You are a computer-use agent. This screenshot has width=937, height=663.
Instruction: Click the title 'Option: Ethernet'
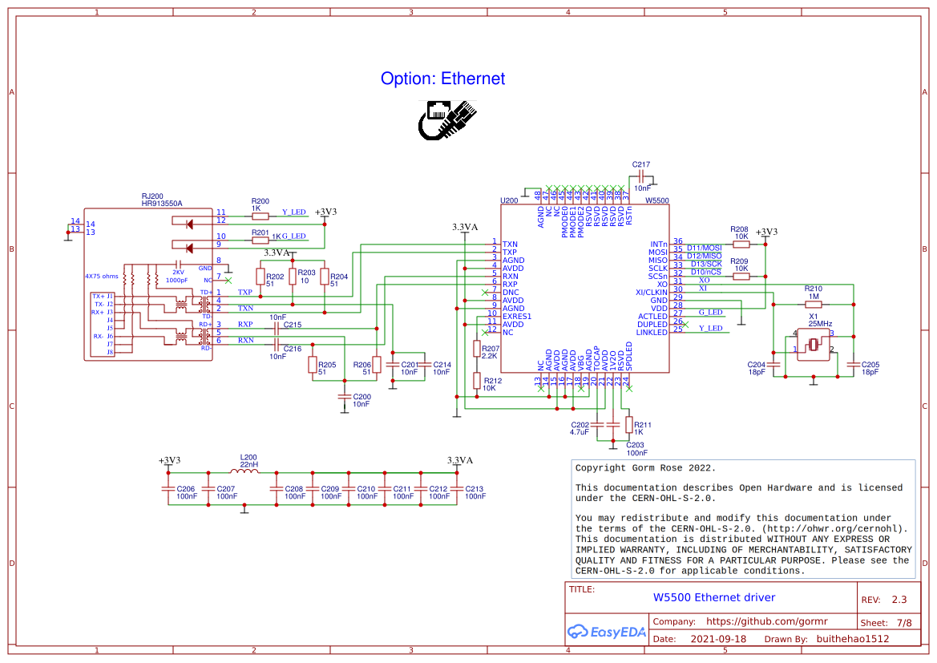[442, 79]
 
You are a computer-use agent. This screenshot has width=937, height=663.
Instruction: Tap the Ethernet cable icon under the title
[447, 119]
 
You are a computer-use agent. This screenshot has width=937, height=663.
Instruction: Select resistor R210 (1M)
[813, 305]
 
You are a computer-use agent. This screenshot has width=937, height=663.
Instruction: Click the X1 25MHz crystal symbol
[814, 345]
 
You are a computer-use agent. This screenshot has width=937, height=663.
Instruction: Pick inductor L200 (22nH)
[248, 472]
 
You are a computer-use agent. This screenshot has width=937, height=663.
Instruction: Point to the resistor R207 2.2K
[477, 349]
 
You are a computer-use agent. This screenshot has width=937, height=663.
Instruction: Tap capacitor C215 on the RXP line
[277, 325]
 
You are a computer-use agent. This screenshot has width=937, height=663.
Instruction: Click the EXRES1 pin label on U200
[517, 316]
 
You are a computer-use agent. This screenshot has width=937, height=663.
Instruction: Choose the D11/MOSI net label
[704, 248]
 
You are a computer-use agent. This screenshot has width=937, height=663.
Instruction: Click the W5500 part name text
[656, 200]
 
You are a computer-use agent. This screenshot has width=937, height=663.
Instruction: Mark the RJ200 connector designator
[151, 196]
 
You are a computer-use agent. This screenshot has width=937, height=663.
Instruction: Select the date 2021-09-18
[718, 639]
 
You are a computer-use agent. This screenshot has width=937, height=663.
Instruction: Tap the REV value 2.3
[899, 600]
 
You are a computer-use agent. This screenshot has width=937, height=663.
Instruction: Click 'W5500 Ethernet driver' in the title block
[714, 597]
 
